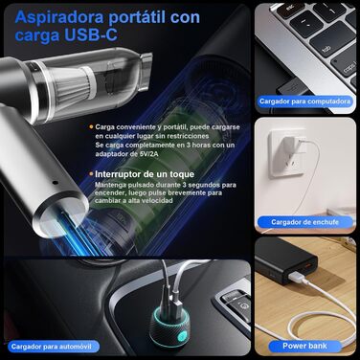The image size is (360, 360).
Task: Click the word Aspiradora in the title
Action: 59,17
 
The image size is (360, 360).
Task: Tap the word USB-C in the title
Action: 91,34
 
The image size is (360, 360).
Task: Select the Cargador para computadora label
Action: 304,101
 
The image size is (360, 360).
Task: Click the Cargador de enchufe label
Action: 304,222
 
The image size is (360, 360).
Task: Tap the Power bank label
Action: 304,346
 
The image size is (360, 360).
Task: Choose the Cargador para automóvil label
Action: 51,347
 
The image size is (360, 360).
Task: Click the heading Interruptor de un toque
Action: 145,174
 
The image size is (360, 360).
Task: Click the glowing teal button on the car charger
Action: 182,336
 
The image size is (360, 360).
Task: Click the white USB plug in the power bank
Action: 297,277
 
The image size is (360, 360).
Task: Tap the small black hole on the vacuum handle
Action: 56,183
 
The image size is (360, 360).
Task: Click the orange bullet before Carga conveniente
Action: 91,127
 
